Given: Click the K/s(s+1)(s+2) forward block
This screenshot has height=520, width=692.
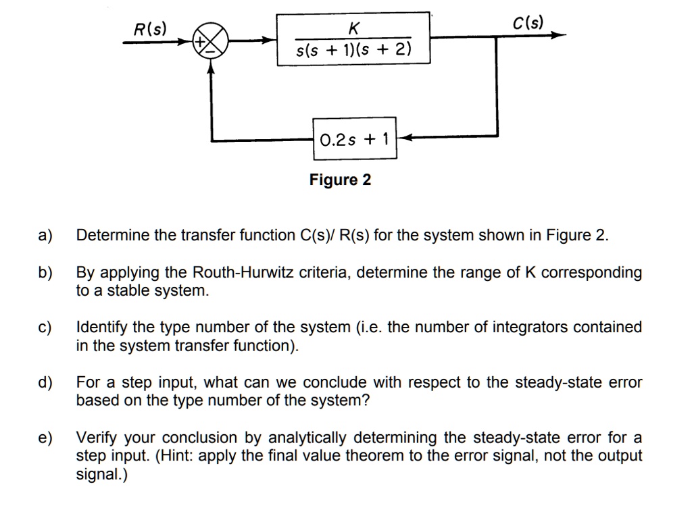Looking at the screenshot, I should tap(354, 38).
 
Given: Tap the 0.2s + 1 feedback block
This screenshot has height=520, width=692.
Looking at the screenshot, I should tap(355, 139).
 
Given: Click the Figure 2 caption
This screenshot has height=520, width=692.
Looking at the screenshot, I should tap(340, 180).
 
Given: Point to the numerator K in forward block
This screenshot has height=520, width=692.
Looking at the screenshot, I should tap(353, 28).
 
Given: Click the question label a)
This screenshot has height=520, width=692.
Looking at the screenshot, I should tap(45, 236).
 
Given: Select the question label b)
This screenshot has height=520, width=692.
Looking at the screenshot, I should tap(45, 273).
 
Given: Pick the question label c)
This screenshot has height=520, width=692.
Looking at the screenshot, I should tap(45, 328).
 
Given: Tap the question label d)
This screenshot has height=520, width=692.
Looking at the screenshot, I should tap(45, 383).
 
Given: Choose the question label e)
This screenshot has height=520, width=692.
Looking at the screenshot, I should tap(45, 438).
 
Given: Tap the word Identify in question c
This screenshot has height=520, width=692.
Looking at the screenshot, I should tap(101, 328).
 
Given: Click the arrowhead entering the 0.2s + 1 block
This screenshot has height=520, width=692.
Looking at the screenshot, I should tap(403, 138).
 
